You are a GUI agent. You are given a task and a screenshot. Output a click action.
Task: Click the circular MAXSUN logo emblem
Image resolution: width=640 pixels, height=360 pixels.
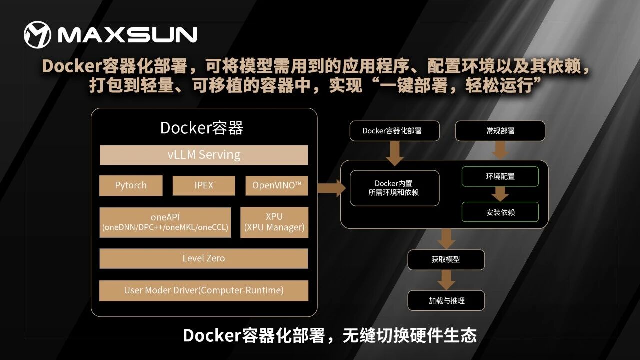point(37,35)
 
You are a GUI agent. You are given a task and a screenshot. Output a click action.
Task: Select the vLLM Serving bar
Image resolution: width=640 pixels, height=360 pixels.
point(204,155)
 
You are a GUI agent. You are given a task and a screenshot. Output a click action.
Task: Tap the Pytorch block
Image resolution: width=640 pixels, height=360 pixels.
point(131,185)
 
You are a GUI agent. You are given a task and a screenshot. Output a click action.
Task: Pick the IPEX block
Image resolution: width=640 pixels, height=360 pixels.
point(204,185)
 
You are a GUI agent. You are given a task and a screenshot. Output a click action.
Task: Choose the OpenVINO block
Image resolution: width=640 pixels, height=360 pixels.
point(277,185)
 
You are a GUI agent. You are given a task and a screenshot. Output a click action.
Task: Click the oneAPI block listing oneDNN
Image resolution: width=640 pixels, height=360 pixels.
point(165,222)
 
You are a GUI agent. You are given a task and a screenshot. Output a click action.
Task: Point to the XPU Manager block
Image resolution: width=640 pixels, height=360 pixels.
point(274,222)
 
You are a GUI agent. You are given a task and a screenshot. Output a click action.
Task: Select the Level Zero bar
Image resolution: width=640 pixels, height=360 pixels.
point(204,258)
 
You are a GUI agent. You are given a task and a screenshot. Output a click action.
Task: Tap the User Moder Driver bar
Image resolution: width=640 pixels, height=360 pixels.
point(204,291)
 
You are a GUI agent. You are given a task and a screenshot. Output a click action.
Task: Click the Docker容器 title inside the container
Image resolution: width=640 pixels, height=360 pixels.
point(202,127)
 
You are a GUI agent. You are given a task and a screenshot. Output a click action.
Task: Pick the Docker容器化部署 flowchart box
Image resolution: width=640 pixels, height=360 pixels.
point(395,131)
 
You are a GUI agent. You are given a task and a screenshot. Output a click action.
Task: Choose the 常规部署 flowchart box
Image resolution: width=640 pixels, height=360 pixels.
point(500,131)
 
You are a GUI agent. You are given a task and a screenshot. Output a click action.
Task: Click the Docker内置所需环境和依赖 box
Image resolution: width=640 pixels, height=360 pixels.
point(395,188)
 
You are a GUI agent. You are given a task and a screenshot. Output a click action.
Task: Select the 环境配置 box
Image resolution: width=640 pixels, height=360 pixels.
point(500,177)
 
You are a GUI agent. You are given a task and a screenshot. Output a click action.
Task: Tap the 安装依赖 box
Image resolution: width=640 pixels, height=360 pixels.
point(500,212)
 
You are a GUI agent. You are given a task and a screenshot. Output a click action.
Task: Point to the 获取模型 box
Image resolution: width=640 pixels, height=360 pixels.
point(446,260)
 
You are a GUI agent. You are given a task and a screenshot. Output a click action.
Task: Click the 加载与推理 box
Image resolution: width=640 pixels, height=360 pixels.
point(446,300)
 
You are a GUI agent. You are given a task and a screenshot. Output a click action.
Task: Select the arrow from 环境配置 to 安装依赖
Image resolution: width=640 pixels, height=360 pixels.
point(500,194)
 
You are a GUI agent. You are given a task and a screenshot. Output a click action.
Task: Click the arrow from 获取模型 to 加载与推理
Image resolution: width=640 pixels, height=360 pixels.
point(446,280)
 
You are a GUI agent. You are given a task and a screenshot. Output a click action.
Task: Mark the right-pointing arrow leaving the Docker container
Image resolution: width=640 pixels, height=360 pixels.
point(331,188)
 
